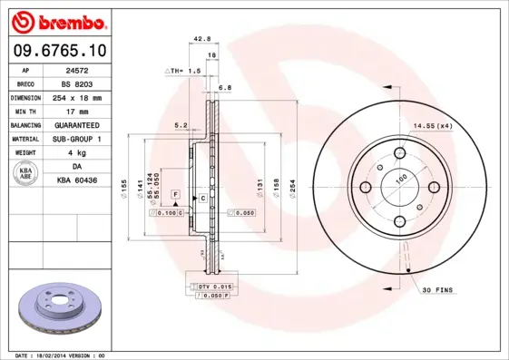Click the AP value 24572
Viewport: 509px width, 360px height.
point(87,69)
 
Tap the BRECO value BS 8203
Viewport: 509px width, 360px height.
point(87,83)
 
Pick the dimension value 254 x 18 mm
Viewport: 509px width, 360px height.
point(87,97)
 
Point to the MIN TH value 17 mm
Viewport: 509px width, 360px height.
point(87,111)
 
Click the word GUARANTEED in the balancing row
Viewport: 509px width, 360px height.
point(87,125)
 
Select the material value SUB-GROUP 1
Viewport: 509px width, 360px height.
point(87,139)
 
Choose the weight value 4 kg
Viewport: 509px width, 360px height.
point(87,153)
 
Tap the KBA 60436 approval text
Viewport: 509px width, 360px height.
point(87,181)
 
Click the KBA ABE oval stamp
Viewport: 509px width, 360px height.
point(26,174)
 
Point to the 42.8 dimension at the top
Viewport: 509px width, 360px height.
point(202,39)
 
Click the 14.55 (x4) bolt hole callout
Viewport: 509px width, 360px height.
point(432,126)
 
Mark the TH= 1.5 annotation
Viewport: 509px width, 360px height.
point(181,69)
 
